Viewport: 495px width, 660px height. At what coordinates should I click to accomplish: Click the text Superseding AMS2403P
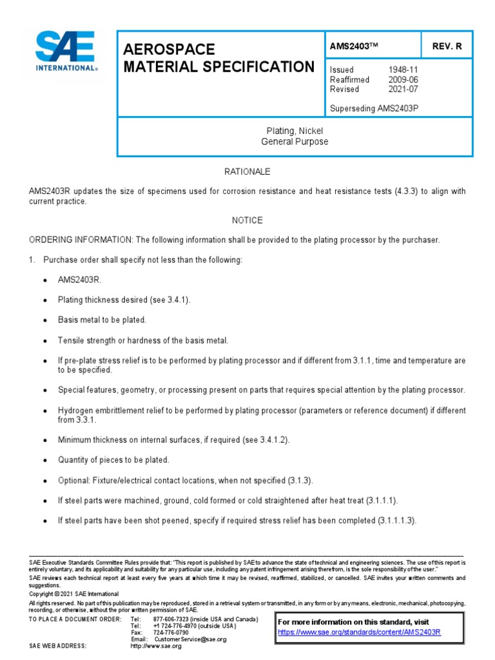[374, 108]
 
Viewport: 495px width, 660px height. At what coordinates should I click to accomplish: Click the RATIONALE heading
[247, 172]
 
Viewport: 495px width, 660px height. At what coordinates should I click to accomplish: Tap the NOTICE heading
[247, 220]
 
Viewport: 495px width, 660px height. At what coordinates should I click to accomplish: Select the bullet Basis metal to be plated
[102, 320]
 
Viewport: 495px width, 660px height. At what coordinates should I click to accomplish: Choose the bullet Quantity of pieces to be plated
[113, 460]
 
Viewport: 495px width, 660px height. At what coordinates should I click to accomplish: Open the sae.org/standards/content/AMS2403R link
[359, 632]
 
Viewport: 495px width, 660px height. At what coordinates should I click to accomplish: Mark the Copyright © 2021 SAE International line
[74, 594]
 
